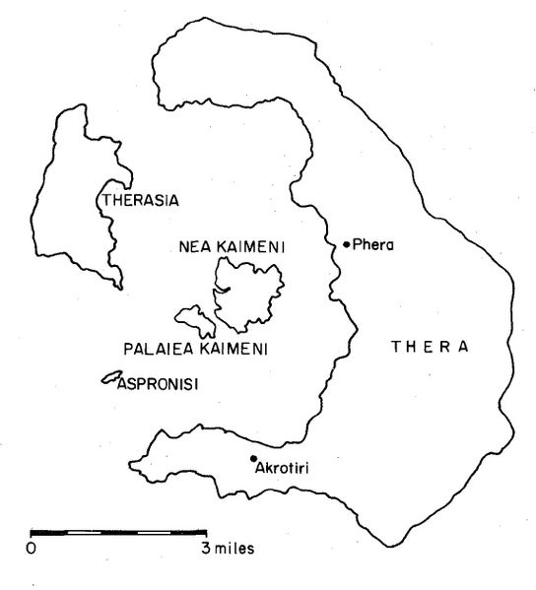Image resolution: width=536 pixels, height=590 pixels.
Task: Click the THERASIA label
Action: (140, 200)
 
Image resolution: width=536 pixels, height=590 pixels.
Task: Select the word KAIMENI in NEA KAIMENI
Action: (249, 247)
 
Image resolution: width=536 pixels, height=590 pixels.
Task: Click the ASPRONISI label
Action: (158, 384)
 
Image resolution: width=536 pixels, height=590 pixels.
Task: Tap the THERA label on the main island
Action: (429, 348)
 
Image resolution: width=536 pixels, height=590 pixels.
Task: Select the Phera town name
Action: (372, 245)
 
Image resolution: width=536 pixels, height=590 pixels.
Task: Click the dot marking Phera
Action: (346, 244)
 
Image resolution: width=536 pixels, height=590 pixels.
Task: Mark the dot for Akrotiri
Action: (254, 458)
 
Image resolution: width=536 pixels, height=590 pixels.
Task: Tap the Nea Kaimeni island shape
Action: (251, 295)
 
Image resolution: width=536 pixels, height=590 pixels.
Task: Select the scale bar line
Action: (118, 532)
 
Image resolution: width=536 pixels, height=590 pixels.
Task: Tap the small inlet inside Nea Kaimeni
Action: (227, 289)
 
